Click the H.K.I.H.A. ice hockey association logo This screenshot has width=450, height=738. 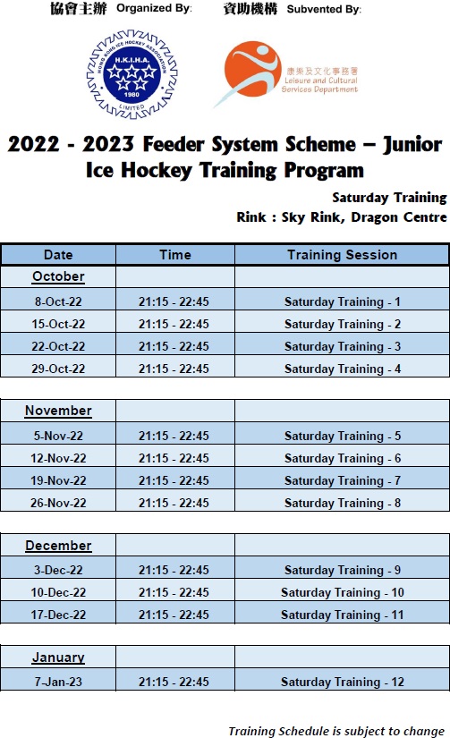pyautogui.click(x=132, y=74)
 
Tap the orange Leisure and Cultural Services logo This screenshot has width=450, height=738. pyautogui.click(x=286, y=74)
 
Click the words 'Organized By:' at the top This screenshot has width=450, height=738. pyautogui.click(x=155, y=8)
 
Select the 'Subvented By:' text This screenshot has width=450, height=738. pyautogui.click(x=325, y=10)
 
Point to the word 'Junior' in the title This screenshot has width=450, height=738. pyautogui.click(x=412, y=144)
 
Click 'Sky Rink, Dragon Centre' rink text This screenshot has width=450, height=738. pyautogui.click(x=364, y=217)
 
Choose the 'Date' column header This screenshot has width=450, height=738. pyautogui.click(x=58, y=255)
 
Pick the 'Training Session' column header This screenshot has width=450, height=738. pyautogui.click(x=343, y=255)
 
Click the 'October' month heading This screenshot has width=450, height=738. pyautogui.click(x=58, y=276)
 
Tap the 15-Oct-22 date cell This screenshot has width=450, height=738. pyautogui.click(x=58, y=324)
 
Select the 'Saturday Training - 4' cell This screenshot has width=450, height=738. pyautogui.click(x=343, y=369)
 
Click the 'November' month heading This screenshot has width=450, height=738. pyautogui.click(x=58, y=411)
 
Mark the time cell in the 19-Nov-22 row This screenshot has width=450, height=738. pyautogui.click(x=174, y=480)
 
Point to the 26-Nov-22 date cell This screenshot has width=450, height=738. pyautogui.click(x=58, y=503)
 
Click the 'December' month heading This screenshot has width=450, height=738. pyautogui.click(x=58, y=546)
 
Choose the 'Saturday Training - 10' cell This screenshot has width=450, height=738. pyautogui.click(x=343, y=592)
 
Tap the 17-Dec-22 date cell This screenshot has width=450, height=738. pyautogui.click(x=58, y=615)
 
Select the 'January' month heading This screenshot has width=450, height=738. pyautogui.click(x=58, y=657)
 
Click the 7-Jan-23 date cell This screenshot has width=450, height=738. pyautogui.click(x=58, y=682)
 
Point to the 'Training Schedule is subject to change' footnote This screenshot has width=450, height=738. pyautogui.click(x=336, y=731)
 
